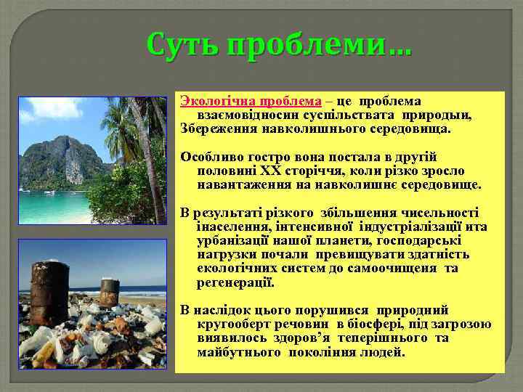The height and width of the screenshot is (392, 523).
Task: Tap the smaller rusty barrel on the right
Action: (110, 292)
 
